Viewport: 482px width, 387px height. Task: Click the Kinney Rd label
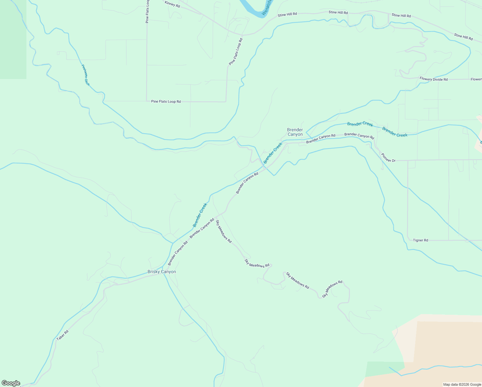pyautogui.click(x=172, y=4)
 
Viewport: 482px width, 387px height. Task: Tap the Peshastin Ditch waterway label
pyautogui.click(x=85, y=75)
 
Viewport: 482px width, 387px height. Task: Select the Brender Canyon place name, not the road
pyautogui.click(x=295, y=132)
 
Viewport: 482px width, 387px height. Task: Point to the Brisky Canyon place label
pyautogui.click(x=162, y=272)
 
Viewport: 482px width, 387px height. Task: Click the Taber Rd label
pyautogui.click(x=63, y=335)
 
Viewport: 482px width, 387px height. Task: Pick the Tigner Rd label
pyautogui.click(x=420, y=240)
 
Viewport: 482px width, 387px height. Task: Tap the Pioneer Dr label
pyautogui.click(x=388, y=157)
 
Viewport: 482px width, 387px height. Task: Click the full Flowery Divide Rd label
pyautogui.click(x=433, y=79)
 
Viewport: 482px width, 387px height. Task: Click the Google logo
pyautogui.click(x=11, y=383)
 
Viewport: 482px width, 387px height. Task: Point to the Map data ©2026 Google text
pyautogui.click(x=462, y=384)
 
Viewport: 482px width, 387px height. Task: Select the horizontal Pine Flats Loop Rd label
pyautogui.click(x=166, y=102)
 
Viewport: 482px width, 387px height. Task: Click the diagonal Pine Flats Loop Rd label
pyautogui.click(x=236, y=52)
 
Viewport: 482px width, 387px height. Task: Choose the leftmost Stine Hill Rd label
pyautogui.click(x=287, y=15)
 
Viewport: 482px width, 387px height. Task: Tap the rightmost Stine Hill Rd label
pyautogui.click(x=463, y=37)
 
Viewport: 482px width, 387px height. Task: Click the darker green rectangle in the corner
pyautogui.click(x=13, y=39)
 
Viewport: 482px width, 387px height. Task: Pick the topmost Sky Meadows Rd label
pyautogui.click(x=224, y=231)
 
